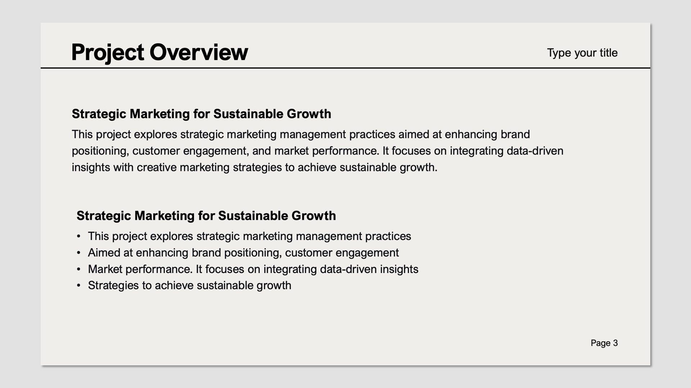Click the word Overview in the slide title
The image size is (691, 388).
tap(199, 52)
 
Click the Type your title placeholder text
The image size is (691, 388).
tap(582, 53)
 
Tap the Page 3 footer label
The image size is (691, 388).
tap(604, 343)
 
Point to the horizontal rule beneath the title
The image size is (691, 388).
tap(345, 68)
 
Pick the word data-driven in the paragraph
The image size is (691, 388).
tap(535, 151)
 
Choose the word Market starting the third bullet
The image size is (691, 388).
tap(105, 269)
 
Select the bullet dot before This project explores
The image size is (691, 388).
tap(78, 236)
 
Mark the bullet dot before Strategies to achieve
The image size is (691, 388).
tap(78, 286)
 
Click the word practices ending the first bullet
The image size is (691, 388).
tap(388, 236)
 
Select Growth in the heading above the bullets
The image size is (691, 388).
tap(313, 216)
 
